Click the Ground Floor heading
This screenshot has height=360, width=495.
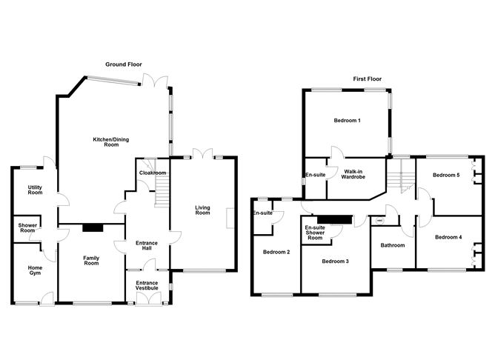124,64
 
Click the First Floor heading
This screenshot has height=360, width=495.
367,79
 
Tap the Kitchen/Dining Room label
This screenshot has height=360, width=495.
111,142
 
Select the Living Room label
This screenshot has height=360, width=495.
202,210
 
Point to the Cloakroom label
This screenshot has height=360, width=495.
153,173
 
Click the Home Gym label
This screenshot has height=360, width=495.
35,270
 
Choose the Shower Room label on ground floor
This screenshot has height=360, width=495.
27,228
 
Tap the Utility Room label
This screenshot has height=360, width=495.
35,190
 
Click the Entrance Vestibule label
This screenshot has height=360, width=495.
147,285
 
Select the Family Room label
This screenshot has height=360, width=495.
91,261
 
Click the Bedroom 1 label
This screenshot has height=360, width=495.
348,121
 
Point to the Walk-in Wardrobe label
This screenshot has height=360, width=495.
353,174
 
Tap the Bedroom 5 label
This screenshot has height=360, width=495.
446,175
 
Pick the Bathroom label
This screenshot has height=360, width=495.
393,245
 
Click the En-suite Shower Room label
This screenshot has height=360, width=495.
315,233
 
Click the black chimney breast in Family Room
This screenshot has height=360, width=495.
93,227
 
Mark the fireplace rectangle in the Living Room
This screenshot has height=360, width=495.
230,218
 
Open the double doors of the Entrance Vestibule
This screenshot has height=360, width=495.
149,299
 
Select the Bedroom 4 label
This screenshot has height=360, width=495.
448,237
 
